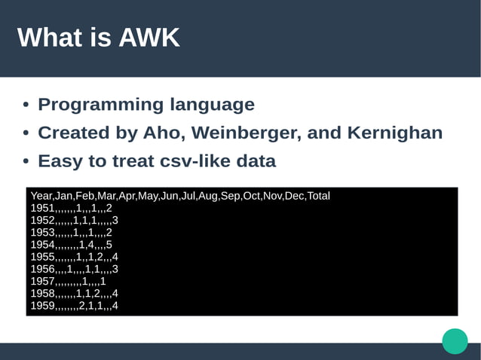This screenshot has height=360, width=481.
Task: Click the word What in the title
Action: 47,38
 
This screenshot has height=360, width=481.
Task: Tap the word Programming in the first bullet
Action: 100,105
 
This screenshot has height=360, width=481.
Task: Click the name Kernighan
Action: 395,133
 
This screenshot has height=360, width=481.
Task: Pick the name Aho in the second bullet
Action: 164,133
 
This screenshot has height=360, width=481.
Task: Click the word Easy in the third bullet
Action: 60,161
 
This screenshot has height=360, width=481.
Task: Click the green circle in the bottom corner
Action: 455,340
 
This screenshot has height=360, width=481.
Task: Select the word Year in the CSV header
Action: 42,196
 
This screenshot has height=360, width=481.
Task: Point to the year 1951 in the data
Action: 42,208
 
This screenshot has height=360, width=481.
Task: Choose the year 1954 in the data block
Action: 42,245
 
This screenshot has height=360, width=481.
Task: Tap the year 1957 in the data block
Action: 42,281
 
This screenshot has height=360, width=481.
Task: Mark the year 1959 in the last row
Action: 42,306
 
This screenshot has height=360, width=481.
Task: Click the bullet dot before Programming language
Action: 26,105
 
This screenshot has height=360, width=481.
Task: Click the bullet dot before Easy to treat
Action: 26,162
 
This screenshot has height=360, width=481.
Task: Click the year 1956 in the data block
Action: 42,269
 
